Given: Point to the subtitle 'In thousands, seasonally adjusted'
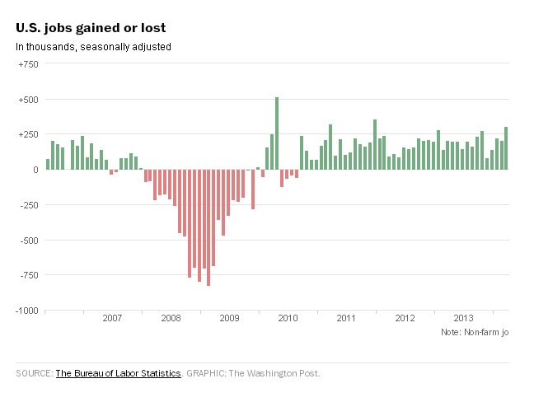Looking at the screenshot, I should pyautogui.click(x=93, y=47).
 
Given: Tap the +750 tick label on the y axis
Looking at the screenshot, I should pyautogui.click(x=28, y=63).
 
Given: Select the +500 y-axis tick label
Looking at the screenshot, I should pyautogui.click(x=28, y=100).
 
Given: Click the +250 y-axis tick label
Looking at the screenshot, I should pyautogui.click(x=28, y=135).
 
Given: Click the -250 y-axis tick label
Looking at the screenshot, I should pyautogui.click(x=28, y=205).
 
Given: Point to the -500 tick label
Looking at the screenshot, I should pyautogui.click(x=28, y=241).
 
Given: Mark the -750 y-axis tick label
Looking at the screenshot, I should pyautogui.click(x=28, y=276).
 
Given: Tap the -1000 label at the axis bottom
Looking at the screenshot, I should pyautogui.click(x=26, y=311).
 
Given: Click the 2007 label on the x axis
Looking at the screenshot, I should pyautogui.click(x=112, y=318).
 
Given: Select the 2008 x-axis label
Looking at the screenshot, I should pyautogui.click(x=171, y=318).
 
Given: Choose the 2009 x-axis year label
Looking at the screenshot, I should pyautogui.click(x=229, y=318).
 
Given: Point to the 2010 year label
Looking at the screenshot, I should pyautogui.click(x=288, y=318).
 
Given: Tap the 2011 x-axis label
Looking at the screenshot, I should pyautogui.click(x=346, y=318).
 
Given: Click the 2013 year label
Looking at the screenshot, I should pyautogui.click(x=463, y=318).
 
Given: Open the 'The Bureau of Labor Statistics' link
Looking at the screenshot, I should pyautogui.click(x=118, y=373).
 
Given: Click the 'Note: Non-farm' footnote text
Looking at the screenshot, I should pyautogui.click(x=475, y=332).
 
